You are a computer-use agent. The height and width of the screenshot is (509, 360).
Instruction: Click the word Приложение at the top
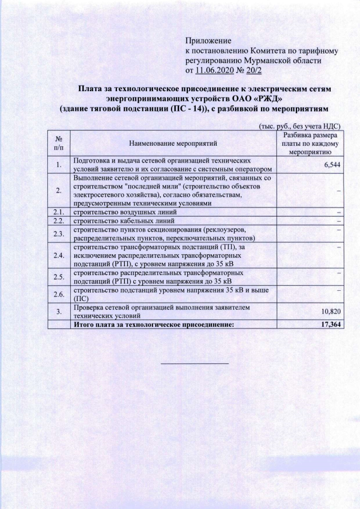pos(209,41)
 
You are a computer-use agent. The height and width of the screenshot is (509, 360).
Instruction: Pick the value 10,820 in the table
pos(332,312)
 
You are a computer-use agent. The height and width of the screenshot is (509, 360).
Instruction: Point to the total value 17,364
pos(331,325)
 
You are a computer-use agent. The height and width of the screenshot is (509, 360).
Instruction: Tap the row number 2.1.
pos(58,212)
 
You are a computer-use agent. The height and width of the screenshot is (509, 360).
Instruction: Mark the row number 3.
pos(58,312)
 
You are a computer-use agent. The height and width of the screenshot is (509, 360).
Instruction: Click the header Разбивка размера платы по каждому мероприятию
pos(310,144)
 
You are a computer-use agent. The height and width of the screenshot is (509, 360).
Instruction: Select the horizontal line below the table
pos(195,363)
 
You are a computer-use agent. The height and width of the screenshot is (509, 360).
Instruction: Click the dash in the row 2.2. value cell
pos(339,221)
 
